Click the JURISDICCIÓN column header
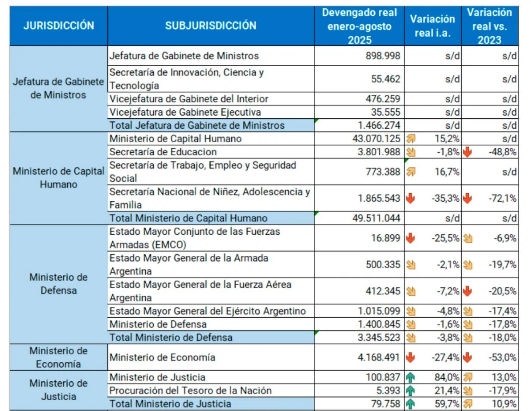coord(59,26)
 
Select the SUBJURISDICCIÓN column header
coord(211,26)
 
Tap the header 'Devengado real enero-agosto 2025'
coord(359,26)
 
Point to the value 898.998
coord(383,56)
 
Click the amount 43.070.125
coord(376,139)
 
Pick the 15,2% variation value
coord(447,139)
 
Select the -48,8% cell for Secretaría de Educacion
coord(502,152)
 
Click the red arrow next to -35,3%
coord(410,198)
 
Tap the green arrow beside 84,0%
coord(410,377)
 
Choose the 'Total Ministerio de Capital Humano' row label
coord(188,218)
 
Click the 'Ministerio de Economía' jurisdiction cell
coord(59,357)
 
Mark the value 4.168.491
coord(378,357)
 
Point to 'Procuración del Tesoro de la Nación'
coord(190,390)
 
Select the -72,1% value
coord(502,198)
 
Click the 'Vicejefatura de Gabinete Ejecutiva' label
coord(185,112)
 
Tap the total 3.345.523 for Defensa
coord(378,338)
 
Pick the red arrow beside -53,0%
coord(467,357)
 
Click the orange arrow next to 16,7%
coord(410,172)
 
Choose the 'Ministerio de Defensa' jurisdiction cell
coord(59,284)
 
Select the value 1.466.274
coord(378,126)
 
